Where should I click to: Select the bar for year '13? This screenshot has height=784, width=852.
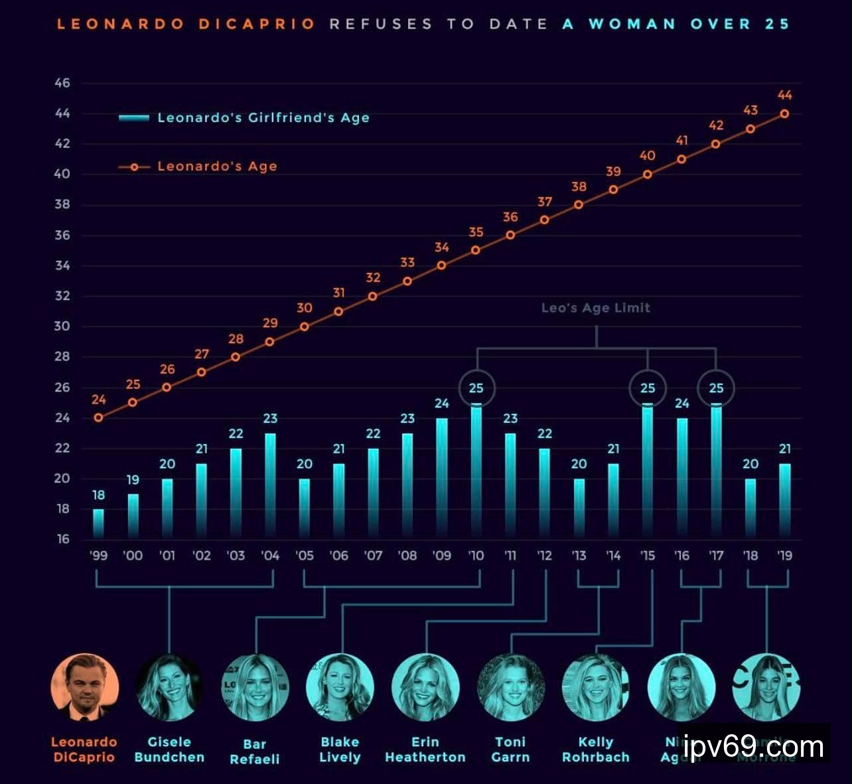579,508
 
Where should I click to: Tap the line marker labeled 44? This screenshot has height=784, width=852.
784,114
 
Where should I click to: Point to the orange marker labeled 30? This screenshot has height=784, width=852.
304,327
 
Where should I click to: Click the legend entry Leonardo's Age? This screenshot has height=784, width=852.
216,167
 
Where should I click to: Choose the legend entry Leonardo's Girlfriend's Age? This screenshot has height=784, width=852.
263,118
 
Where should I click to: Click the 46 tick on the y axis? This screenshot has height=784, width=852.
62,83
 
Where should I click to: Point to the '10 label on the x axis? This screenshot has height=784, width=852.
476,556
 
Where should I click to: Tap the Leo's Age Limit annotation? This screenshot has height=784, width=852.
595,307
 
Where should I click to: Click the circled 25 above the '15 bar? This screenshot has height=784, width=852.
648,388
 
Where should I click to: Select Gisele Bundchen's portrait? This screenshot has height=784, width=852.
169,688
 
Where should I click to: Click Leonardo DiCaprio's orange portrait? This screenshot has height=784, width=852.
84,688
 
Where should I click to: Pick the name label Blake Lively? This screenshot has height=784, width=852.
340,749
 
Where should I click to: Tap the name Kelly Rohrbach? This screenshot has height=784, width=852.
595,749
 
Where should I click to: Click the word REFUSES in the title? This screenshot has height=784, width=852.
381,24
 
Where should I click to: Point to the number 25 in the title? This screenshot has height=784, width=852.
776,24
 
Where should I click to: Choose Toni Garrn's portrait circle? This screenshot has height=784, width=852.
511,688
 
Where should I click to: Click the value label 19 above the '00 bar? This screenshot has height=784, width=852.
133,479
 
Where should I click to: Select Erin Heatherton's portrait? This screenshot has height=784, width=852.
425,688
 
